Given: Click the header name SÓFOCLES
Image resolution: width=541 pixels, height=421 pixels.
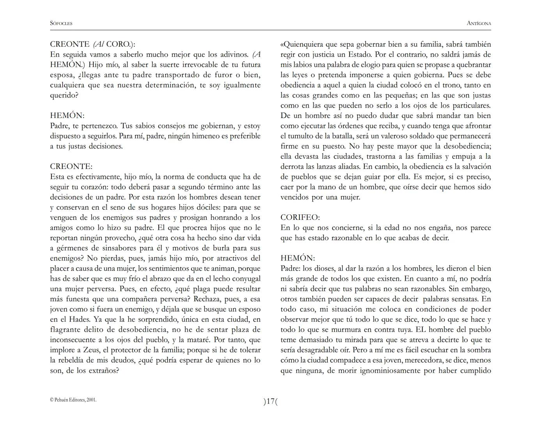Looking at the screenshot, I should click(x=61, y=23).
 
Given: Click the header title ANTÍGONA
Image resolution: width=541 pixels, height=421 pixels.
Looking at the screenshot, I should click(x=479, y=23).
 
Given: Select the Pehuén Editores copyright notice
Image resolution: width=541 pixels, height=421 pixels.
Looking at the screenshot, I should click(x=73, y=400).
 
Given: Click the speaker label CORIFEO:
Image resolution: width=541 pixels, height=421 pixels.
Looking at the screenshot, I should click(x=300, y=218).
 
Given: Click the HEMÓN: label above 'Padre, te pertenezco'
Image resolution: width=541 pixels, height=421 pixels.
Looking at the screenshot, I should click(x=67, y=115).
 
